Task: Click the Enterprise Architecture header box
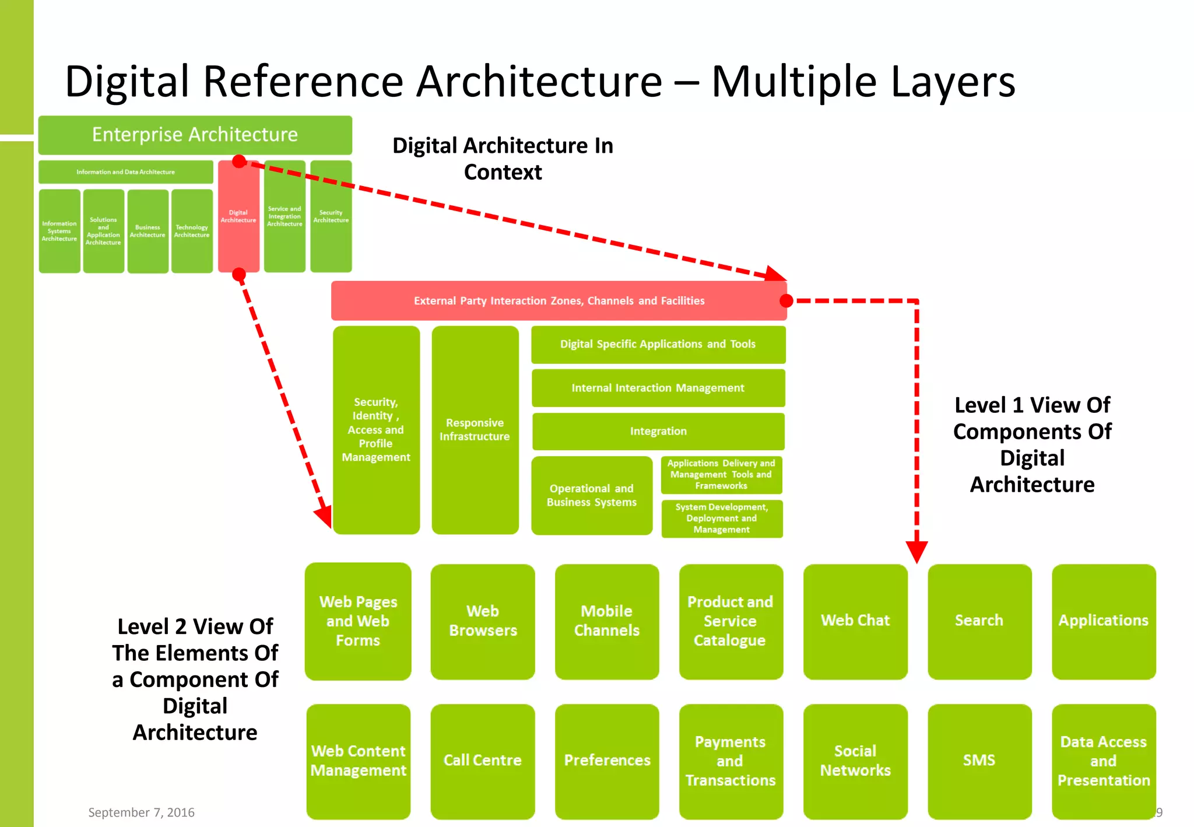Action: tap(195, 135)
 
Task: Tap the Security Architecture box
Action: tap(331, 216)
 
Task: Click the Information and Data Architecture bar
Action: tap(125, 172)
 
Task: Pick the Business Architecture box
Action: tap(148, 232)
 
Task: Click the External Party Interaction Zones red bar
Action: tap(559, 301)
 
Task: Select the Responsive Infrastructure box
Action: tap(475, 430)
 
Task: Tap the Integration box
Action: tap(658, 432)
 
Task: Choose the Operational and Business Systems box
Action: tap(591, 496)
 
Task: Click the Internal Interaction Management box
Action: tap(658, 388)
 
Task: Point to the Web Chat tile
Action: tap(855, 621)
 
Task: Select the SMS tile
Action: tap(979, 761)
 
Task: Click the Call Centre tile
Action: tap(482, 761)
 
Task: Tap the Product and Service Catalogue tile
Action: tap(730, 621)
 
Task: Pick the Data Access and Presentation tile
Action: tap(1103, 761)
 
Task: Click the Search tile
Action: tap(979, 621)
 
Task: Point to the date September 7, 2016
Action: tap(141, 812)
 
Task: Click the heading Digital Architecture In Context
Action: tap(503, 159)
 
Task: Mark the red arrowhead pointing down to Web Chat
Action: tap(916, 551)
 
